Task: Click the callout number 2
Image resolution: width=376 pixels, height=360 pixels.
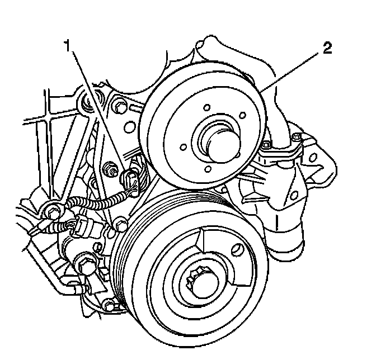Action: [326, 48]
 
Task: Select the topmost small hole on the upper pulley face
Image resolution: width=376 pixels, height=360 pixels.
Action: [206, 108]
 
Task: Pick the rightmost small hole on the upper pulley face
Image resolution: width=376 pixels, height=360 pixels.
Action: [243, 116]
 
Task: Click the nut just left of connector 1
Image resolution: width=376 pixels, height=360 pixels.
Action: [110, 168]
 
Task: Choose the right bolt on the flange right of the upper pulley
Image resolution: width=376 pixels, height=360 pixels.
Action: [297, 137]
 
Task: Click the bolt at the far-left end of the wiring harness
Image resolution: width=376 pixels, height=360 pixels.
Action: [51, 213]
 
